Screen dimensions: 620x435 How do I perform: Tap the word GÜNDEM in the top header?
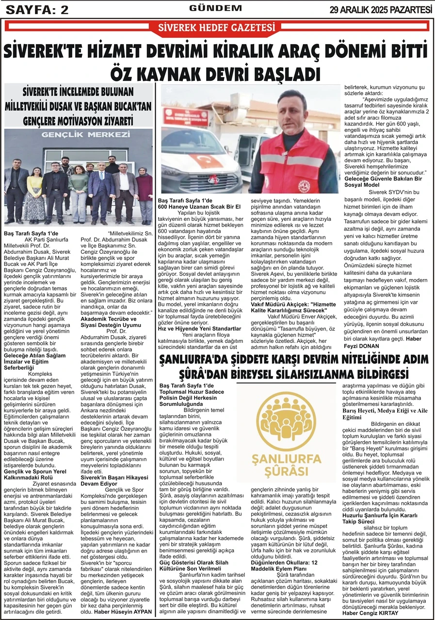215,8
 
